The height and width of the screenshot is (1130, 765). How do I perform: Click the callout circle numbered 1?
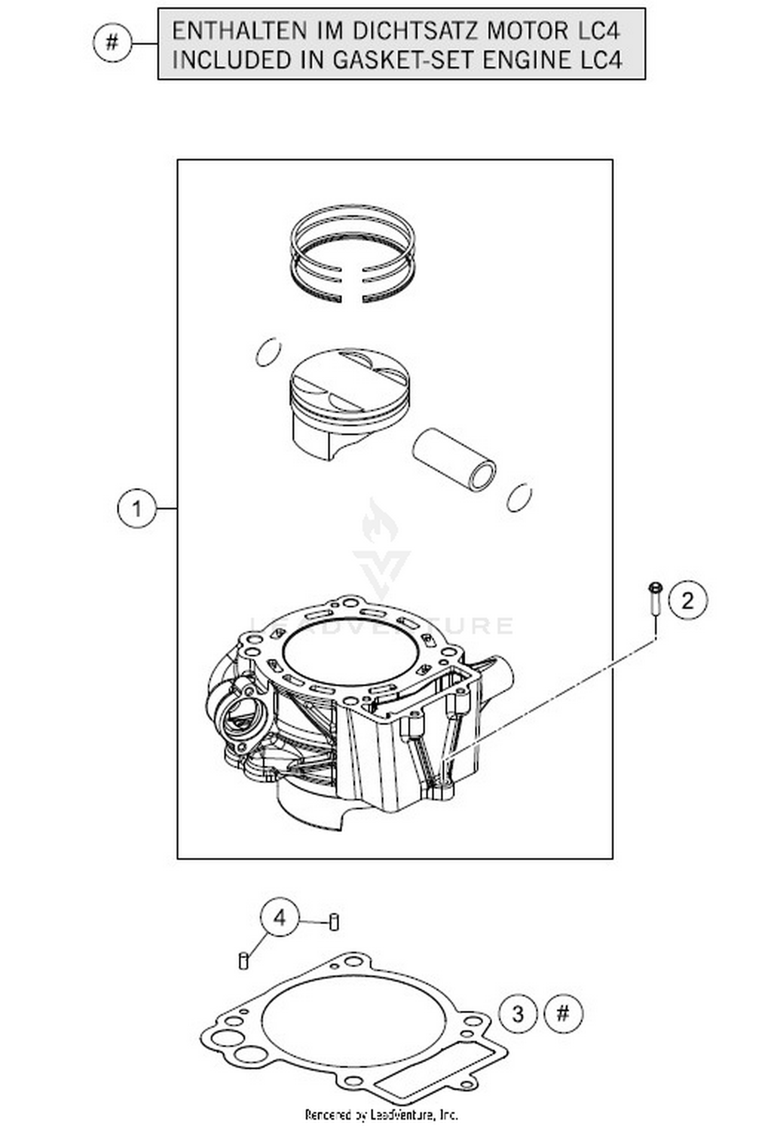coord(136,508)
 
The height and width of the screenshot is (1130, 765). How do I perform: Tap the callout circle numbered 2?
coord(687,600)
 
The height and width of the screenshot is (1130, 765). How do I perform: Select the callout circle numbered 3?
coord(518,1013)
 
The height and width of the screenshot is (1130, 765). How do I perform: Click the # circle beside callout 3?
coord(563,1013)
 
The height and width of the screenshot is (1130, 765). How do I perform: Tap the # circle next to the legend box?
coord(112,42)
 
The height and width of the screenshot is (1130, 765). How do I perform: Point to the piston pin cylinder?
coord(454,459)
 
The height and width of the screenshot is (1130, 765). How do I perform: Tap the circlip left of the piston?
coord(268,352)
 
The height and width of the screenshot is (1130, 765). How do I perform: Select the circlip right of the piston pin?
coord(519,497)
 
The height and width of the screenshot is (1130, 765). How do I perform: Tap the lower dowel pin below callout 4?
coord(244,961)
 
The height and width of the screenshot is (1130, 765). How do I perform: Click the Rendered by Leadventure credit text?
coord(381,1115)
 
